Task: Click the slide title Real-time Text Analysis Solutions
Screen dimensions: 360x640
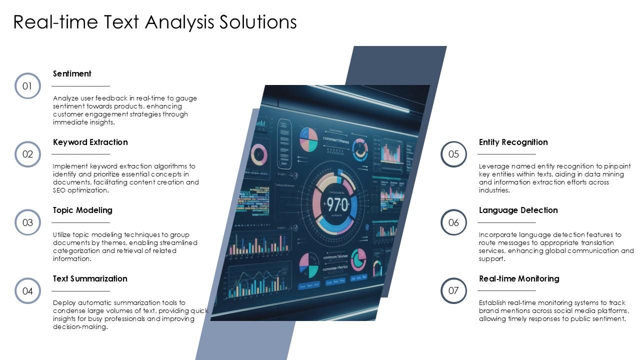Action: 155,22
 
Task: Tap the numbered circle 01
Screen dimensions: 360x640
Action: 27,86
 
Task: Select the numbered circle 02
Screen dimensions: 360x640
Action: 27,154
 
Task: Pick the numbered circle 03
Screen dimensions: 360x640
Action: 27,222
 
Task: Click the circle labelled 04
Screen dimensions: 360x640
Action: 27,291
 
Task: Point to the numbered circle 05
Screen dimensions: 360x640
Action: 453,154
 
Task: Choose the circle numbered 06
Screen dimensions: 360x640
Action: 453,222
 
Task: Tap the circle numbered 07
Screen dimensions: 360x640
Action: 453,290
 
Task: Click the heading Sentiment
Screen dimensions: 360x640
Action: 72,73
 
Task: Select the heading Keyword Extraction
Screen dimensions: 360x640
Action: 90,142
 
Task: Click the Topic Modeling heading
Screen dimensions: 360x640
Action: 82,210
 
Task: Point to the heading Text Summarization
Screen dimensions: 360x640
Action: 90,278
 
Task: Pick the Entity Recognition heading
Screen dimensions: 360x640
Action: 513,142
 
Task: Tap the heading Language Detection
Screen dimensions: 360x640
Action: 518,210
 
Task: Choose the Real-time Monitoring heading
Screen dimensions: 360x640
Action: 519,278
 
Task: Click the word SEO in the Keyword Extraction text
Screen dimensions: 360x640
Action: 59,190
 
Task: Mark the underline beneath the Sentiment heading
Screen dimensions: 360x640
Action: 81,86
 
